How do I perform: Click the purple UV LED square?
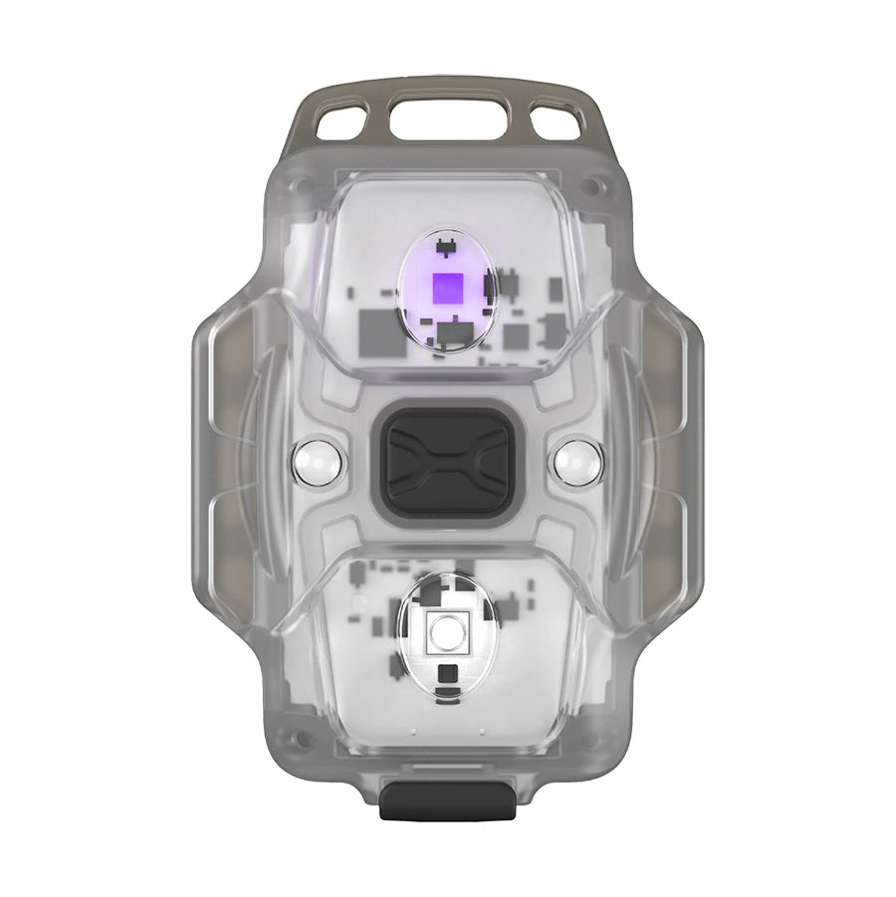[445, 290]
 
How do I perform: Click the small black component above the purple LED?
[445, 245]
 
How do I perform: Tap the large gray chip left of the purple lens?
[375, 324]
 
